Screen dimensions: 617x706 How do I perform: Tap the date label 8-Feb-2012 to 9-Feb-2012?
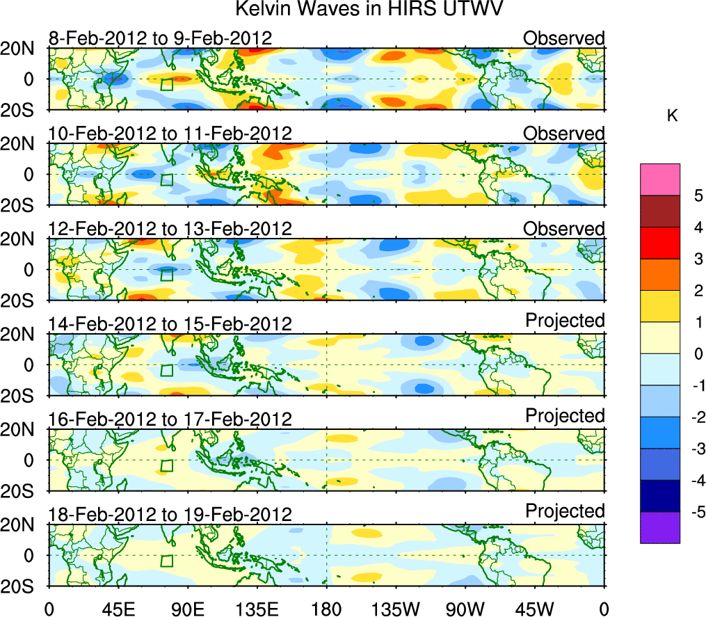click(160, 38)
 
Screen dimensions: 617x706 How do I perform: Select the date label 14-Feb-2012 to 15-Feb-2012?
click(170, 324)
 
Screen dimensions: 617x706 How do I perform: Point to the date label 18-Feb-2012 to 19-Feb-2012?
click(170, 515)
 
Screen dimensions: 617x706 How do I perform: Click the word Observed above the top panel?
click(563, 38)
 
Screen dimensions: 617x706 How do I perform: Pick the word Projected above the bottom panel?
click(565, 511)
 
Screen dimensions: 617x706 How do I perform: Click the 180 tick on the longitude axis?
click(327, 609)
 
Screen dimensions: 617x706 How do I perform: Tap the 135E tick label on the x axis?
click(257, 609)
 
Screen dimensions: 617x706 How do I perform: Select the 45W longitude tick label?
click(536, 609)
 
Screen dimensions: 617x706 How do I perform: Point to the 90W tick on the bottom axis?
click(466, 609)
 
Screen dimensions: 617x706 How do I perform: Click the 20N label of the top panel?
click(21, 49)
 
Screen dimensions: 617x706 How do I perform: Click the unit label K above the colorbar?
click(672, 116)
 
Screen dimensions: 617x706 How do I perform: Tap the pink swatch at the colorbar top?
click(659, 179)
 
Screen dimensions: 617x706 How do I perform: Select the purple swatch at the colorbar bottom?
click(659, 527)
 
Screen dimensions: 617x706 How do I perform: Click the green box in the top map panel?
click(166, 84)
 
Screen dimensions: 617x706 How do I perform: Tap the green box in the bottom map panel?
click(166, 561)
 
